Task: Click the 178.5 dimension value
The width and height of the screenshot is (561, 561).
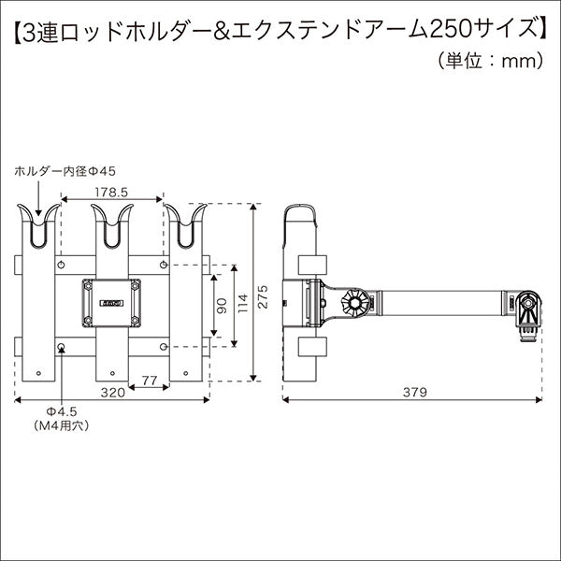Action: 111,193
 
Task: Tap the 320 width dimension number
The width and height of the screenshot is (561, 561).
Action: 113,393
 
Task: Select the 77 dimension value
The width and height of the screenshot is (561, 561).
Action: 149,381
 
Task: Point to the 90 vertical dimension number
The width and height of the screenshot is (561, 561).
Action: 223,306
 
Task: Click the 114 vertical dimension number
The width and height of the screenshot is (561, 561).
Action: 243,303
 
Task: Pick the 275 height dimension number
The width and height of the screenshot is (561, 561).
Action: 263,296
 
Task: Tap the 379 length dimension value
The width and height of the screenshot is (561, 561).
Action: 415,393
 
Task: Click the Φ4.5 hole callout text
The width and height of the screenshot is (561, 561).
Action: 62,411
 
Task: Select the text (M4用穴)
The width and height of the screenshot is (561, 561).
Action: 61,425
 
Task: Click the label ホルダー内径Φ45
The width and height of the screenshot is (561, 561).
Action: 65,172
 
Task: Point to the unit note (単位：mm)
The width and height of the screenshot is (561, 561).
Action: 490,61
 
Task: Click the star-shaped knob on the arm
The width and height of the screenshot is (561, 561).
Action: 354,302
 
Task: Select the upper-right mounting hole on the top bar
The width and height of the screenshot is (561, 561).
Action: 164,265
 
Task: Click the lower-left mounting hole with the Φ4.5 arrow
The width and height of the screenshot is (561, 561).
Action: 61,346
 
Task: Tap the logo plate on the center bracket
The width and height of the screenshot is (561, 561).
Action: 111,303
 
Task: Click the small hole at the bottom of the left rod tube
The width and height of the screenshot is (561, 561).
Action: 39,373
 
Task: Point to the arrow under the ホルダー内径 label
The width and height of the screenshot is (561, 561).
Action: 38,198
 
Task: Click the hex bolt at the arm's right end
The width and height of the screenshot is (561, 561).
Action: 527,303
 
